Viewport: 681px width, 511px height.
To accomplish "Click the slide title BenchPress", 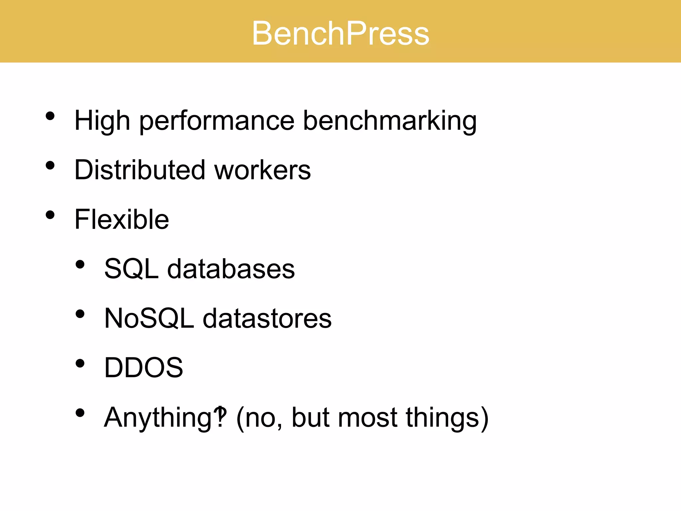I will coord(340,33).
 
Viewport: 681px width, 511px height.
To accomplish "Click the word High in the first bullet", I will coord(102,120).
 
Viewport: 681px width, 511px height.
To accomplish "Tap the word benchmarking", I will coord(390,120).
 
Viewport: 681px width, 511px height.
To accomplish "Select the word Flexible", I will coord(122,219).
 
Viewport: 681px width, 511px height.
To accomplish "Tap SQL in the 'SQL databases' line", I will coord(131,269).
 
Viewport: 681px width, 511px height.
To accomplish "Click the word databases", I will coord(231,269).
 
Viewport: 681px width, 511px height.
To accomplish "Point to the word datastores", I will coord(267,318).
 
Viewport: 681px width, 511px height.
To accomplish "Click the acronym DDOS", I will coord(144,368).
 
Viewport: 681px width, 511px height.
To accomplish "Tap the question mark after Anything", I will coord(220,417).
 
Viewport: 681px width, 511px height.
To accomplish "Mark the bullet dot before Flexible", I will coord(50,215).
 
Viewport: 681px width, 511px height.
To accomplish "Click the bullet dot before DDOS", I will coord(80,363).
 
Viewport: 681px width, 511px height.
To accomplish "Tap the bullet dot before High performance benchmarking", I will coord(50,116).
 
